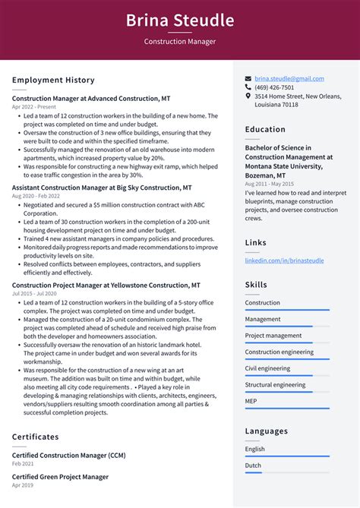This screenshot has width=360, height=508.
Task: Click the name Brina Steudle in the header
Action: (x=180, y=20)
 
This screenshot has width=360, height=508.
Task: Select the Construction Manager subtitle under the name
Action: (x=180, y=42)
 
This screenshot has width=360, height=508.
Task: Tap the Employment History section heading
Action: (x=53, y=80)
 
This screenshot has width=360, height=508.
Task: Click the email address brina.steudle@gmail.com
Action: (x=289, y=78)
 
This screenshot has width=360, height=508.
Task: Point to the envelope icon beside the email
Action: (x=248, y=78)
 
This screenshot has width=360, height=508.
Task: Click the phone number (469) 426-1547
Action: (x=273, y=87)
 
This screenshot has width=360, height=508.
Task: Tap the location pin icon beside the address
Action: (x=248, y=96)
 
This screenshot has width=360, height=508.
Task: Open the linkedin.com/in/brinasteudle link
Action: (x=284, y=260)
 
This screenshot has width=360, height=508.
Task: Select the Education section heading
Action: (x=265, y=130)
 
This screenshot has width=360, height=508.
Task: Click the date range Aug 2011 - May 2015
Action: (x=269, y=184)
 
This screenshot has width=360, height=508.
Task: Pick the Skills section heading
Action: (x=256, y=285)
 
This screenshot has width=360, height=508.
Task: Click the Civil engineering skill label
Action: (x=267, y=368)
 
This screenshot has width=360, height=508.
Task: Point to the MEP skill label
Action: (x=251, y=402)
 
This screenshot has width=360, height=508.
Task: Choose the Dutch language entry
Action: (x=254, y=465)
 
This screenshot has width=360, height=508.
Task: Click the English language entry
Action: (x=255, y=449)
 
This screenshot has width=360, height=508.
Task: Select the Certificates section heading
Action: (x=35, y=437)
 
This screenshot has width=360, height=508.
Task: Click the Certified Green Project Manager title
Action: (x=60, y=477)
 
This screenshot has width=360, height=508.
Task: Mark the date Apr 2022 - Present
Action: (x=33, y=107)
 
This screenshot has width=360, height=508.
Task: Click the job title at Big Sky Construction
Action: (x=102, y=187)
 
